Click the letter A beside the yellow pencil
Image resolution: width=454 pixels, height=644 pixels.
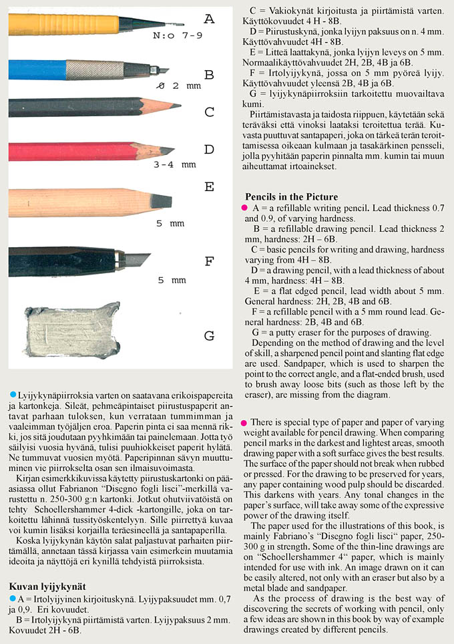coord(209,19)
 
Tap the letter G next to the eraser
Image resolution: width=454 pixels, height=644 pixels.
coord(209,335)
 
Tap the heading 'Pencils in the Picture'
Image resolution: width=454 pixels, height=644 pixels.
coord(290,197)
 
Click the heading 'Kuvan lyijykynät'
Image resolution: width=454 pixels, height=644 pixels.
coord(46,585)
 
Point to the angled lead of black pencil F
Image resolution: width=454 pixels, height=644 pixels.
coord(137,258)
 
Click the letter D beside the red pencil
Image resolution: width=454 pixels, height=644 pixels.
coord(209,149)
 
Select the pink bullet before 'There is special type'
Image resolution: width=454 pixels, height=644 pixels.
coord(245,423)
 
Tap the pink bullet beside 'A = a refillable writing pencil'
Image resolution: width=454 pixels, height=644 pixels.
coord(245,208)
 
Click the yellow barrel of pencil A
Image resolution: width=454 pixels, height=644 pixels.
coord(53,25)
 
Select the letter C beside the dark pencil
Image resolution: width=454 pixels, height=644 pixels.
coord(209,112)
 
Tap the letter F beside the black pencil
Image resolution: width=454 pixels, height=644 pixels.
coord(209,261)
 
